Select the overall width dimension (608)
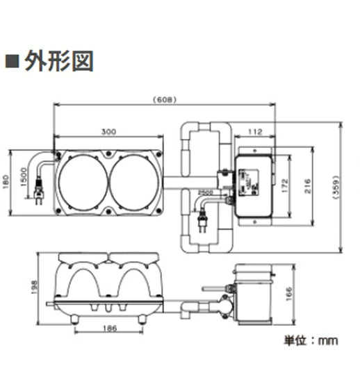point(165,99)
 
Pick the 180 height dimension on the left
point(8,182)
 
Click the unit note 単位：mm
point(310,340)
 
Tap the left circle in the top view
point(83,183)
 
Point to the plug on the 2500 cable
point(203,223)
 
